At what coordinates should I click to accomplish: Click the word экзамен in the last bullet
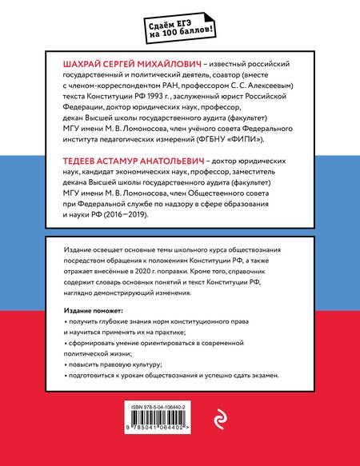tap(260, 375)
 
